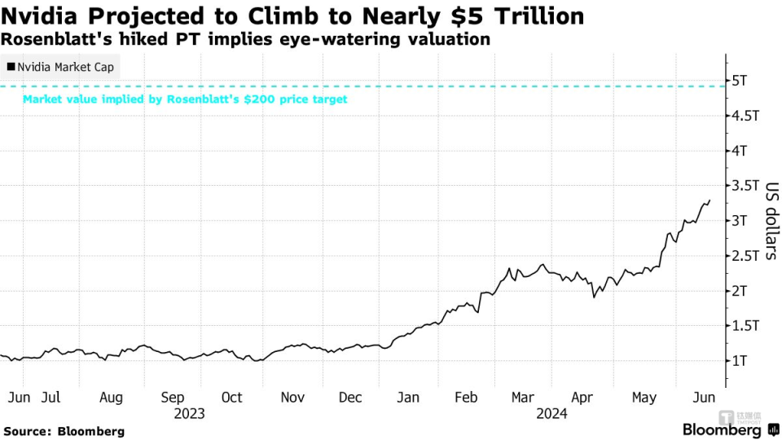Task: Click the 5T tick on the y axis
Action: (740, 81)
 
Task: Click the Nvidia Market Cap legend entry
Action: (60, 67)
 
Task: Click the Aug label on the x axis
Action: (111, 398)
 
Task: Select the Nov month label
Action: (292, 398)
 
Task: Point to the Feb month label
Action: (466, 398)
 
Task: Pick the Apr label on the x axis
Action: (582, 398)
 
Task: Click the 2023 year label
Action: (189, 413)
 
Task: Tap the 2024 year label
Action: (551, 413)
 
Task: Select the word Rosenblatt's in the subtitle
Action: (54, 39)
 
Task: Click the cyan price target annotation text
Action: (185, 99)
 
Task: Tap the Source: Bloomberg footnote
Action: (64, 430)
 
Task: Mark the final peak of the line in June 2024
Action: (710, 200)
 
